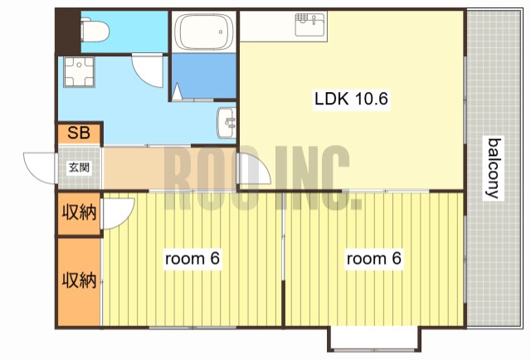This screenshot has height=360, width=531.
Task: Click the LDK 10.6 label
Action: [x=351, y=99]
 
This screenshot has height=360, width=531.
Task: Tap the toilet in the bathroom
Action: [x=95, y=32]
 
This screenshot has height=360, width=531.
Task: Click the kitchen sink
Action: [x=310, y=24]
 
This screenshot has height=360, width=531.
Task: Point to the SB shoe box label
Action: [x=79, y=133]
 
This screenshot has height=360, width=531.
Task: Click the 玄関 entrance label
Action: [x=80, y=168]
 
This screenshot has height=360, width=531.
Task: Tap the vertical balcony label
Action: [x=494, y=168]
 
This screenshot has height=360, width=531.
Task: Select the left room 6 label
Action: [x=192, y=259]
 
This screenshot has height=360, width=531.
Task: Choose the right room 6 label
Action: [x=374, y=259]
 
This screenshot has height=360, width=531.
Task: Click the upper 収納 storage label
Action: [x=79, y=212]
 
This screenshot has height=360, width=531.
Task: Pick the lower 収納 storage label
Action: [x=79, y=280]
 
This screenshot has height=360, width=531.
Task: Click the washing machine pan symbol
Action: [x=80, y=72]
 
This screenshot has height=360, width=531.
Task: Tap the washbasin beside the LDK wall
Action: [x=227, y=123]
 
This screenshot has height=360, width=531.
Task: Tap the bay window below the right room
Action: [x=374, y=339]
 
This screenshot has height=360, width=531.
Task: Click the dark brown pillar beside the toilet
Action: [x=68, y=32]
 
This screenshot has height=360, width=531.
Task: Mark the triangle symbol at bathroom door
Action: [x=177, y=92]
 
